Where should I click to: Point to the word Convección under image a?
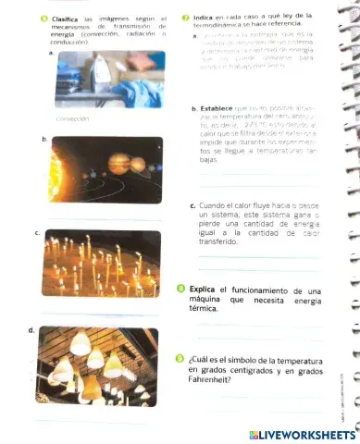[x=71, y=119]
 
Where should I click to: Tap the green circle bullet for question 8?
[x=181, y=290]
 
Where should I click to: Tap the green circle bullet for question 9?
[x=181, y=359]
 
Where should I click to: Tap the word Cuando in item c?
[x=214, y=206]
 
